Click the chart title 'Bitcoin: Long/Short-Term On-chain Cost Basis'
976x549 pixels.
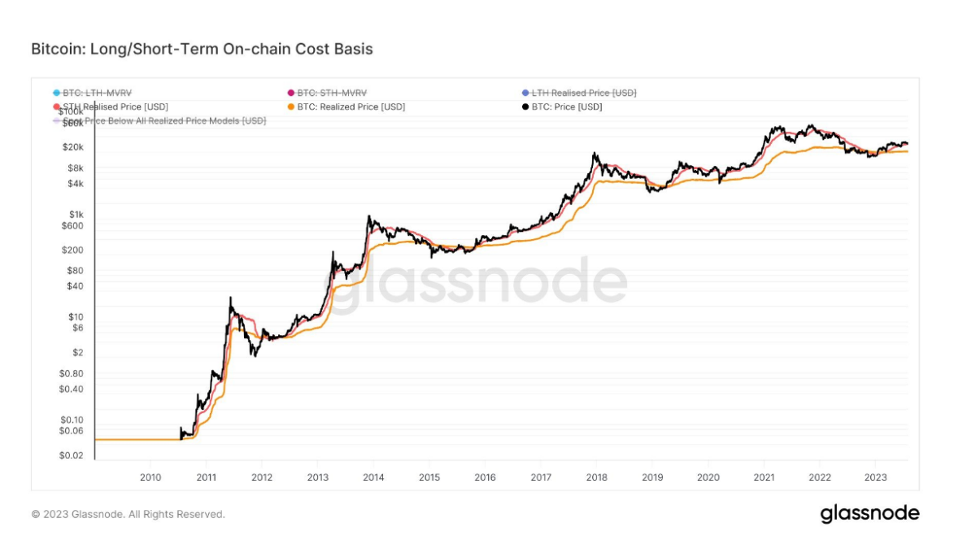point(202,49)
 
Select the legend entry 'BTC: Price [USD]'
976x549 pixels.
point(567,107)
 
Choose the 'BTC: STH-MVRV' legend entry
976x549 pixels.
point(332,93)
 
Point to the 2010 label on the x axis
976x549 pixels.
point(150,477)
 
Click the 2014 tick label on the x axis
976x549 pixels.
point(373,477)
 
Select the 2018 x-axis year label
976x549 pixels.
point(596,477)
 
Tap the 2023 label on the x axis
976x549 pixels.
point(875,477)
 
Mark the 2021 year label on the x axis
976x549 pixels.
point(764,477)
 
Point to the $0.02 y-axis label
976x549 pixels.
point(72,455)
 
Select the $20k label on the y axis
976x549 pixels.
point(73,147)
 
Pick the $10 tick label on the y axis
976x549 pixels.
point(76,316)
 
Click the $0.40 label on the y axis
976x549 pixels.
point(72,389)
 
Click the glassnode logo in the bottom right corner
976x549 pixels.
point(869,514)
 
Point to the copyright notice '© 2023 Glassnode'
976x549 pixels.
point(128,514)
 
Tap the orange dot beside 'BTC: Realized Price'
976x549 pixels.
point(290,107)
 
